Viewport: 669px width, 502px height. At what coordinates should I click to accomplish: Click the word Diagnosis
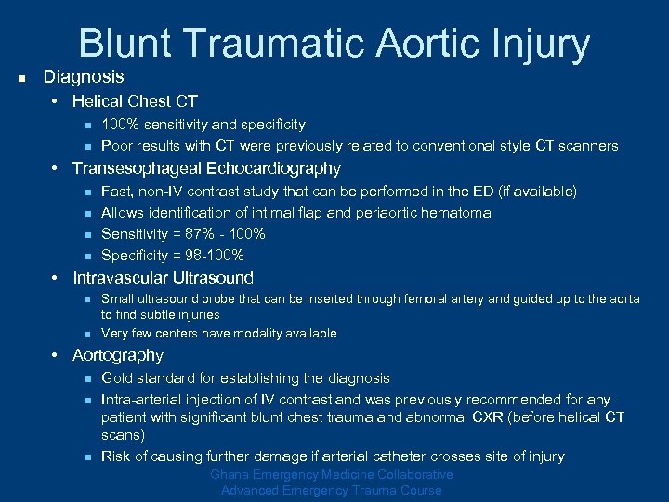(x=84, y=76)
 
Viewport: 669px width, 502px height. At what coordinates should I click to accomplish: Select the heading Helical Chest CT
(x=135, y=100)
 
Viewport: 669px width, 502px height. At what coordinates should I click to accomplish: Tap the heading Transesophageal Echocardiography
(x=206, y=168)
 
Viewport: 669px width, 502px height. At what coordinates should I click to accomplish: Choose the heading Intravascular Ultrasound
(x=163, y=277)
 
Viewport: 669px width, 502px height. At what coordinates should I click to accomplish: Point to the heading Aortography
(x=118, y=355)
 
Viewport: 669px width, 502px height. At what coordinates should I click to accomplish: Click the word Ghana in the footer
(x=229, y=474)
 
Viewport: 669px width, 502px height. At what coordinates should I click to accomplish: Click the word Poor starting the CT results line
(x=117, y=145)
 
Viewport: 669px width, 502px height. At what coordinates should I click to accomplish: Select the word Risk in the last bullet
(x=116, y=456)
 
